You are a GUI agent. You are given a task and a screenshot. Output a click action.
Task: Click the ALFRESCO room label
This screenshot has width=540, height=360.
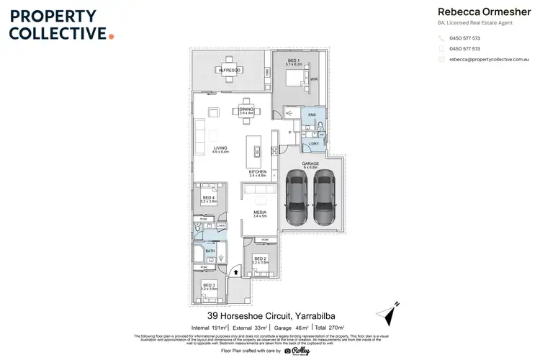(x=230, y=69)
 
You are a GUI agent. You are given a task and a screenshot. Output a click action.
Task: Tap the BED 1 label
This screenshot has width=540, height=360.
(x=294, y=60)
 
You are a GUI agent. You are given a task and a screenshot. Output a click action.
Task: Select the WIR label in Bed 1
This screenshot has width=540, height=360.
(x=314, y=79)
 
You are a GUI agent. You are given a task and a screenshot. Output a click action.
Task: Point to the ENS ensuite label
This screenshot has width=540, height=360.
(x=311, y=115)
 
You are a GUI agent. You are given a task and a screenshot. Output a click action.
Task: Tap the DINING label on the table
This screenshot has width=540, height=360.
(x=247, y=109)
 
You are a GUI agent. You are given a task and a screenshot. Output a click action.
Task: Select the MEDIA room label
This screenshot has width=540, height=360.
(x=260, y=213)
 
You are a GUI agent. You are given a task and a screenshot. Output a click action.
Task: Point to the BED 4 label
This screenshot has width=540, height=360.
(x=208, y=198)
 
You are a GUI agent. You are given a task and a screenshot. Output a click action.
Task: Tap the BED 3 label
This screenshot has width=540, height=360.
(x=209, y=286)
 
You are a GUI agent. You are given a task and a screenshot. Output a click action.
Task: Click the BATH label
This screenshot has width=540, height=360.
(x=210, y=251)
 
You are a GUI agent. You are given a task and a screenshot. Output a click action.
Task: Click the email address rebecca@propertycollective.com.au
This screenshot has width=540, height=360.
(x=489, y=60)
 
